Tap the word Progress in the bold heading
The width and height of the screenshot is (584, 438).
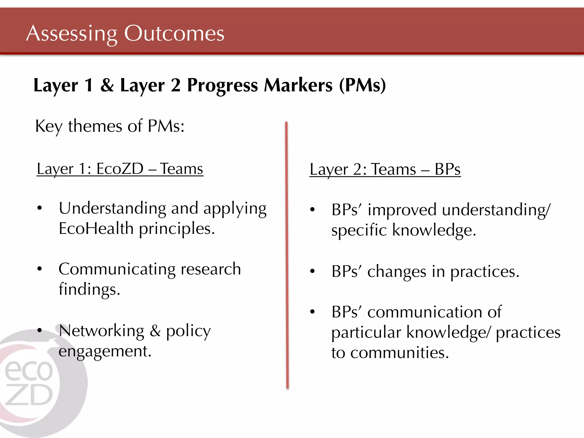click(x=222, y=86)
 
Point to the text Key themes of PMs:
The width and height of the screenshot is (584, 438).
click(x=110, y=126)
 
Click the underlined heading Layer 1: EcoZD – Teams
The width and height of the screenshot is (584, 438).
click(x=120, y=169)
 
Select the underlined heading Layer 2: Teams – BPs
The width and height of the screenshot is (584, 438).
click(x=385, y=169)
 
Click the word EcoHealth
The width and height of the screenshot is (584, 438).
click(x=96, y=229)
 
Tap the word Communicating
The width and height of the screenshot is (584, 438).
click(x=117, y=269)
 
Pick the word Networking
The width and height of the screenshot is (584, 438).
click(x=102, y=331)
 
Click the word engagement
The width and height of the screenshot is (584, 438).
click(x=105, y=351)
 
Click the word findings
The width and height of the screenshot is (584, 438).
click(x=89, y=290)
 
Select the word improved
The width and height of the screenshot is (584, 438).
click(x=402, y=210)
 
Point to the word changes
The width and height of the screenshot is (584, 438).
click(x=397, y=271)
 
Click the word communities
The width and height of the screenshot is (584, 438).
click(x=399, y=353)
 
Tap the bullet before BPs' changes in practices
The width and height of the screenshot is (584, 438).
click(x=313, y=271)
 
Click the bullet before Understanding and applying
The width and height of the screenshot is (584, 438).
click(x=40, y=208)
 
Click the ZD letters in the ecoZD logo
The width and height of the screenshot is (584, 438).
click(x=29, y=395)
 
